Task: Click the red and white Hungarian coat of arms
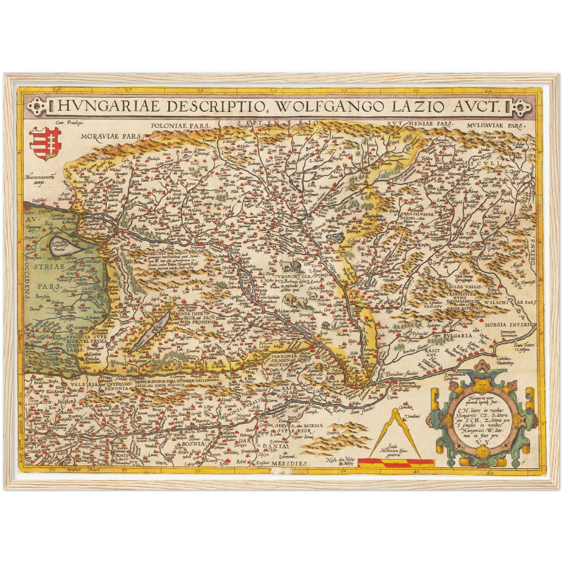(45, 144)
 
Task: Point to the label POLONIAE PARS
(180, 126)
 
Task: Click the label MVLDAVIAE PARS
(495, 125)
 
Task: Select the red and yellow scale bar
(396, 462)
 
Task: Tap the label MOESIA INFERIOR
(510, 324)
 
